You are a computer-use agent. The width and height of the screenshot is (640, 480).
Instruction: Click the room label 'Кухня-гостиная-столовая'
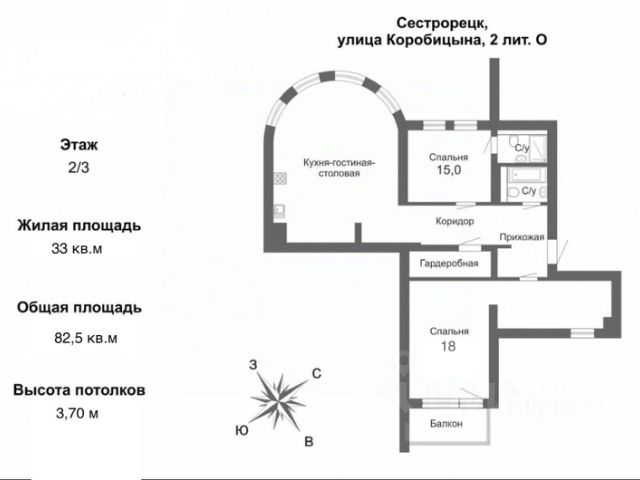332,166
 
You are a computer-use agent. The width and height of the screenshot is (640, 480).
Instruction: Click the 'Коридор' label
454,221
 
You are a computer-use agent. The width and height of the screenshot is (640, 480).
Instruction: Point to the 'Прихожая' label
521,237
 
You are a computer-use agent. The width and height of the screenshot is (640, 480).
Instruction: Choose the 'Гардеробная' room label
449,264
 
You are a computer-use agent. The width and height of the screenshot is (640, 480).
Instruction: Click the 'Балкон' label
447,424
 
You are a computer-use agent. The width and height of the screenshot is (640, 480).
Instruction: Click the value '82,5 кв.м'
86,337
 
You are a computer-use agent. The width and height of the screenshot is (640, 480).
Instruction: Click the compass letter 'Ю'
242,430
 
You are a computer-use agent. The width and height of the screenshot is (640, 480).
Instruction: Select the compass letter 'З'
254,364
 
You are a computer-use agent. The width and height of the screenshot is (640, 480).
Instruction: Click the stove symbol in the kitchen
281,181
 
